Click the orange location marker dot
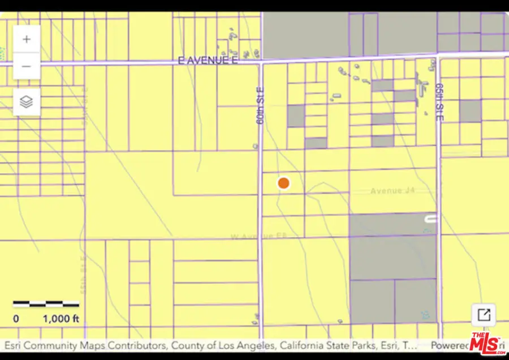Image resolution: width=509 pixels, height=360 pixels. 283,183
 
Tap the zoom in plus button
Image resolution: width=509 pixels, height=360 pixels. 27,40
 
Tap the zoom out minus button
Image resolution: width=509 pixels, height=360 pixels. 27,66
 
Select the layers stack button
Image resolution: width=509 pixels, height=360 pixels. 27,102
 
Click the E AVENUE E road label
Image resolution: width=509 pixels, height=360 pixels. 208,60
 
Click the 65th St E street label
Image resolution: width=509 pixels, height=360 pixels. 439,102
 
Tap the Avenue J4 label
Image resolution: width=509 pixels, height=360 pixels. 393,191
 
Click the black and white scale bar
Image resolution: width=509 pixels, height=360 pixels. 46,304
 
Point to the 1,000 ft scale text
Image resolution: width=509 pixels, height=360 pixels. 61,319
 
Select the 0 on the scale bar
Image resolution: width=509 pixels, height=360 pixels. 16,319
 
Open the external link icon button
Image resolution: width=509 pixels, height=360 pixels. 484,315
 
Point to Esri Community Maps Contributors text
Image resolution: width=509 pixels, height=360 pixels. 85,345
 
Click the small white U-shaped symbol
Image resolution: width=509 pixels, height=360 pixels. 430,218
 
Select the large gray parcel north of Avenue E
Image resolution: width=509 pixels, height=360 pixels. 305,34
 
